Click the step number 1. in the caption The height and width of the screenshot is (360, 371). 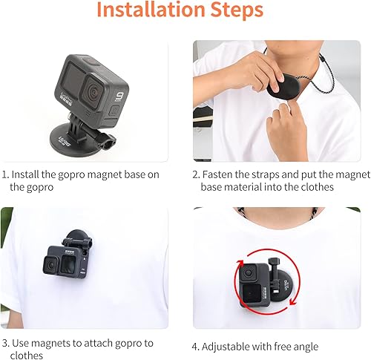(x=4, y=175)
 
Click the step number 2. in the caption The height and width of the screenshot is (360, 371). (x=196, y=175)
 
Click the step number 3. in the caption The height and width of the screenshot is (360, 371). (x=4, y=343)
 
